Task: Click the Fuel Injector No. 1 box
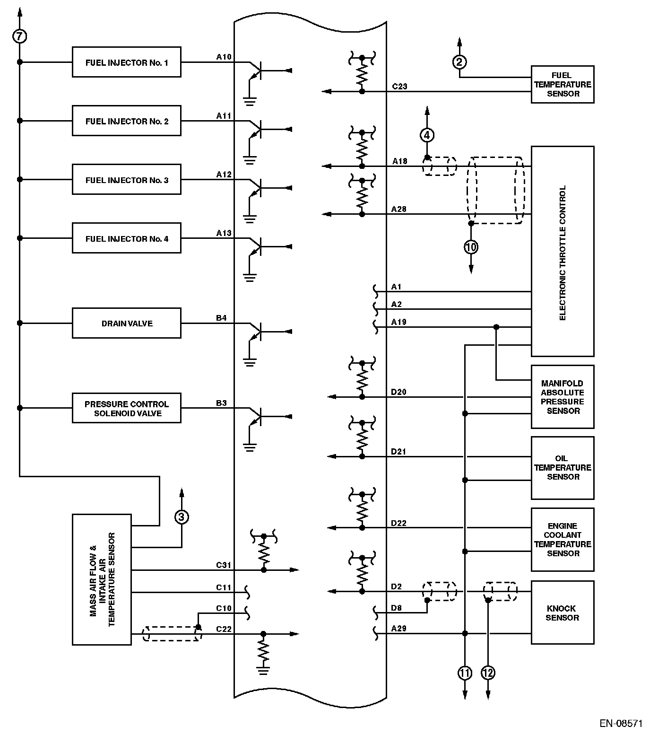pyautogui.click(x=126, y=62)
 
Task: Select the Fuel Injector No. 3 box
pyautogui.click(x=126, y=179)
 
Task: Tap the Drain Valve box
pyautogui.click(x=126, y=323)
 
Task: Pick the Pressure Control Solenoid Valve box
pyautogui.click(x=126, y=408)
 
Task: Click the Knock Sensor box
pyautogui.click(x=562, y=612)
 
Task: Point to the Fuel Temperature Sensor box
pyautogui.click(x=563, y=85)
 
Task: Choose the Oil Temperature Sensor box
pyautogui.click(x=563, y=468)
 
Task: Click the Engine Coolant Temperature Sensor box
pyautogui.click(x=563, y=540)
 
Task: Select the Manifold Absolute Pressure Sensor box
pyautogui.click(x=563, y=397)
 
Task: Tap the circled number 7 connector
pyautogui.click(x=20, y=36)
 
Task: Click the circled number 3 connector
pyautogui.click(x=182, y=517)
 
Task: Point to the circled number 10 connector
pyautogui.click(x=471, y=246)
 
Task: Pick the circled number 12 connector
pyautogui.click(x=488, y=673)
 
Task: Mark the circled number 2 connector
pyautogui.click(x=459, y=61)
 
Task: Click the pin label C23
pyautogui.click(x=399, y=87)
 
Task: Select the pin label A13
pyautogui.click(x=224, y=233)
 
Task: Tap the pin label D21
pyautogui.click(x=398, y=452)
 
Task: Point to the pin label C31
pyautogui.click(x=224, y=565)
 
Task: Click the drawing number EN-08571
pyautogui.click(x=621, y=724)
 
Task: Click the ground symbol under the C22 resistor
pyautogui.click(x=263, y=669)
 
